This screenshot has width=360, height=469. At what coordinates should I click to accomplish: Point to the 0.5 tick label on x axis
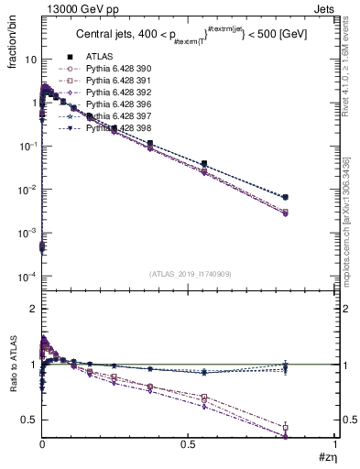189,446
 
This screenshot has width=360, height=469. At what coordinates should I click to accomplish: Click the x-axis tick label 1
335,446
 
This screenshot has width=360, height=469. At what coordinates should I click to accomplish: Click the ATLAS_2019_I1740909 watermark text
189,272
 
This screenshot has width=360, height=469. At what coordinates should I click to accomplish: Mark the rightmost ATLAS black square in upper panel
311,197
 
